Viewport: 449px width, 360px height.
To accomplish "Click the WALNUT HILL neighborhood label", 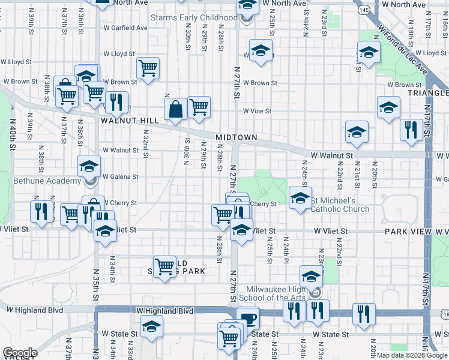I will (x=129, y=121).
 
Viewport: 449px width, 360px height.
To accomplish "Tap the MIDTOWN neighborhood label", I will (x=237, y=137).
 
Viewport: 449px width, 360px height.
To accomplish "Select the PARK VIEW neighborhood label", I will (x=409, y=231).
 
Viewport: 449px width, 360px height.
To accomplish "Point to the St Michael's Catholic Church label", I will (x=340, y=205).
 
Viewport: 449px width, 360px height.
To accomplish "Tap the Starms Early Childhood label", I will (x=193, y=18).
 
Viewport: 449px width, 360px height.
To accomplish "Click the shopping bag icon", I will (x=177, y=110).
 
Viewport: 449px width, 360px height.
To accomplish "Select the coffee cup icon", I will (x=247, y=319).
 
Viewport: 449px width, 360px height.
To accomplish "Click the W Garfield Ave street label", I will (x=125, y=28).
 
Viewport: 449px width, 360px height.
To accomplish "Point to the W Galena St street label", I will (x=121, y=177).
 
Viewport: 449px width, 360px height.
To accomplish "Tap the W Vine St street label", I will (x=257, y=111).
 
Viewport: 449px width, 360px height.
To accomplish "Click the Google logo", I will (x=20, y=353).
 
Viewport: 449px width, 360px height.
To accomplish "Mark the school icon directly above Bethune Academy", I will (x=89, y=166).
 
